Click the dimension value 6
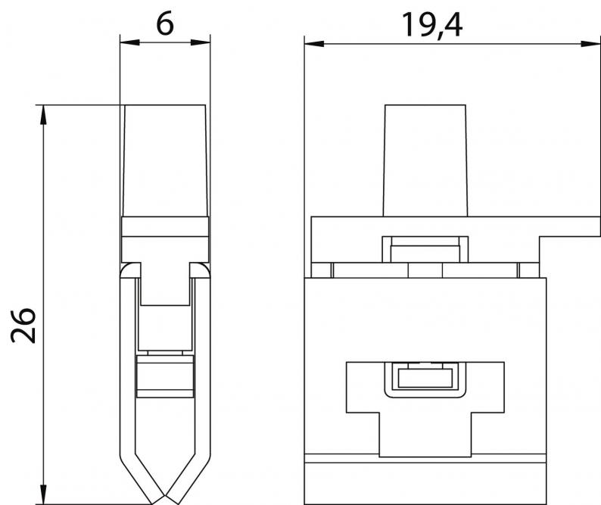coord(165,24)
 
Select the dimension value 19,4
coord(431,25)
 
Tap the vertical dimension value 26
coord(23,325)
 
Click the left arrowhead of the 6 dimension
coord(129,42)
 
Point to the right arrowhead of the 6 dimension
coord(201,42)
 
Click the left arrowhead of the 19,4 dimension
coord(314,44)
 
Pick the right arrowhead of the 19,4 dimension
coord(590,44)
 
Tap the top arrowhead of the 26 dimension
coord(43,114)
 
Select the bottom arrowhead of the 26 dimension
coord(43,494)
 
